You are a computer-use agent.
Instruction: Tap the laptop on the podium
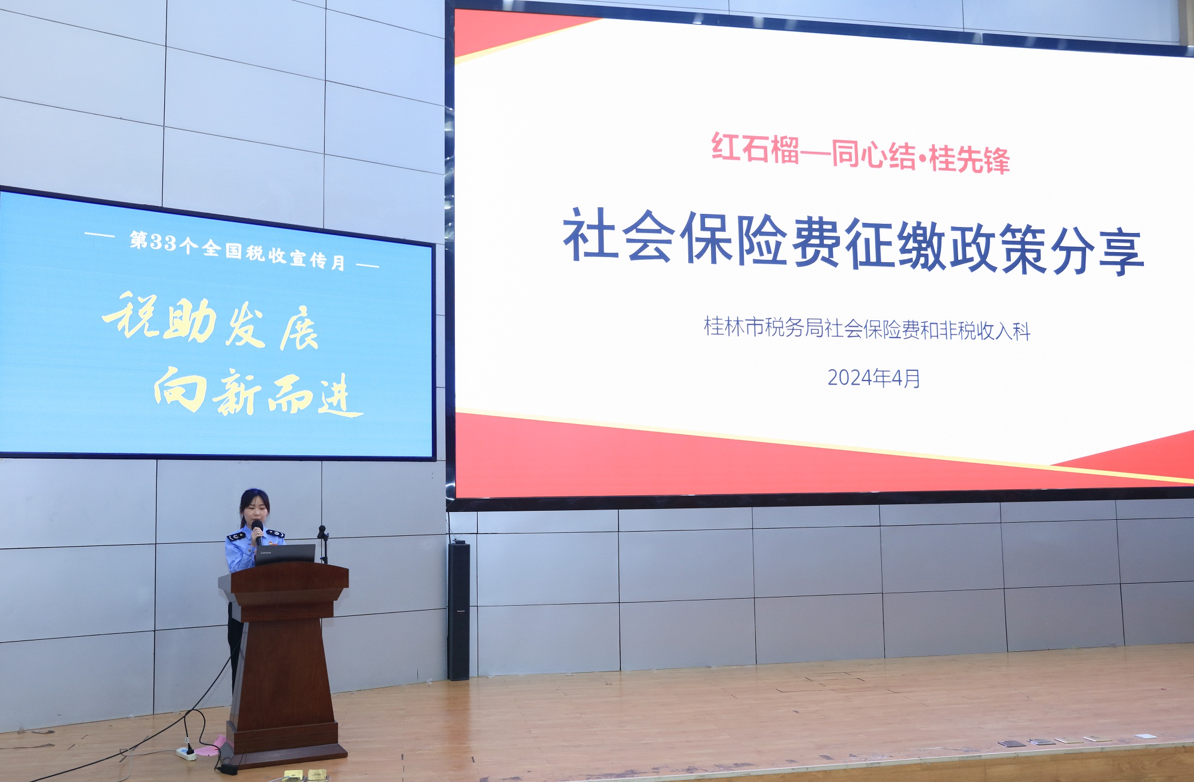[284, 554]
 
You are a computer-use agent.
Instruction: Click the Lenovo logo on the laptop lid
[265, 553]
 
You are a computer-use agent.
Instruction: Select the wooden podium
[283, 663]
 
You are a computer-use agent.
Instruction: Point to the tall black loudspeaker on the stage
[458, 611]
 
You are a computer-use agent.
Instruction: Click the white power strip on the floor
[187, 754]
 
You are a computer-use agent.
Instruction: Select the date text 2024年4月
[873, 378]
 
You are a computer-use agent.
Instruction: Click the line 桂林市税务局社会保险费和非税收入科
[867, 329]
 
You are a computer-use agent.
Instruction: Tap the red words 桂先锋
[969, 160]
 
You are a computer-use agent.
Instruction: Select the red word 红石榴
[755, 149]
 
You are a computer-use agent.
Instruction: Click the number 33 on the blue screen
[163, 242]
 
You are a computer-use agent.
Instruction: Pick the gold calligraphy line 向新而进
[258, 392]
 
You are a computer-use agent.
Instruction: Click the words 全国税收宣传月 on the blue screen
[273, 255]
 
